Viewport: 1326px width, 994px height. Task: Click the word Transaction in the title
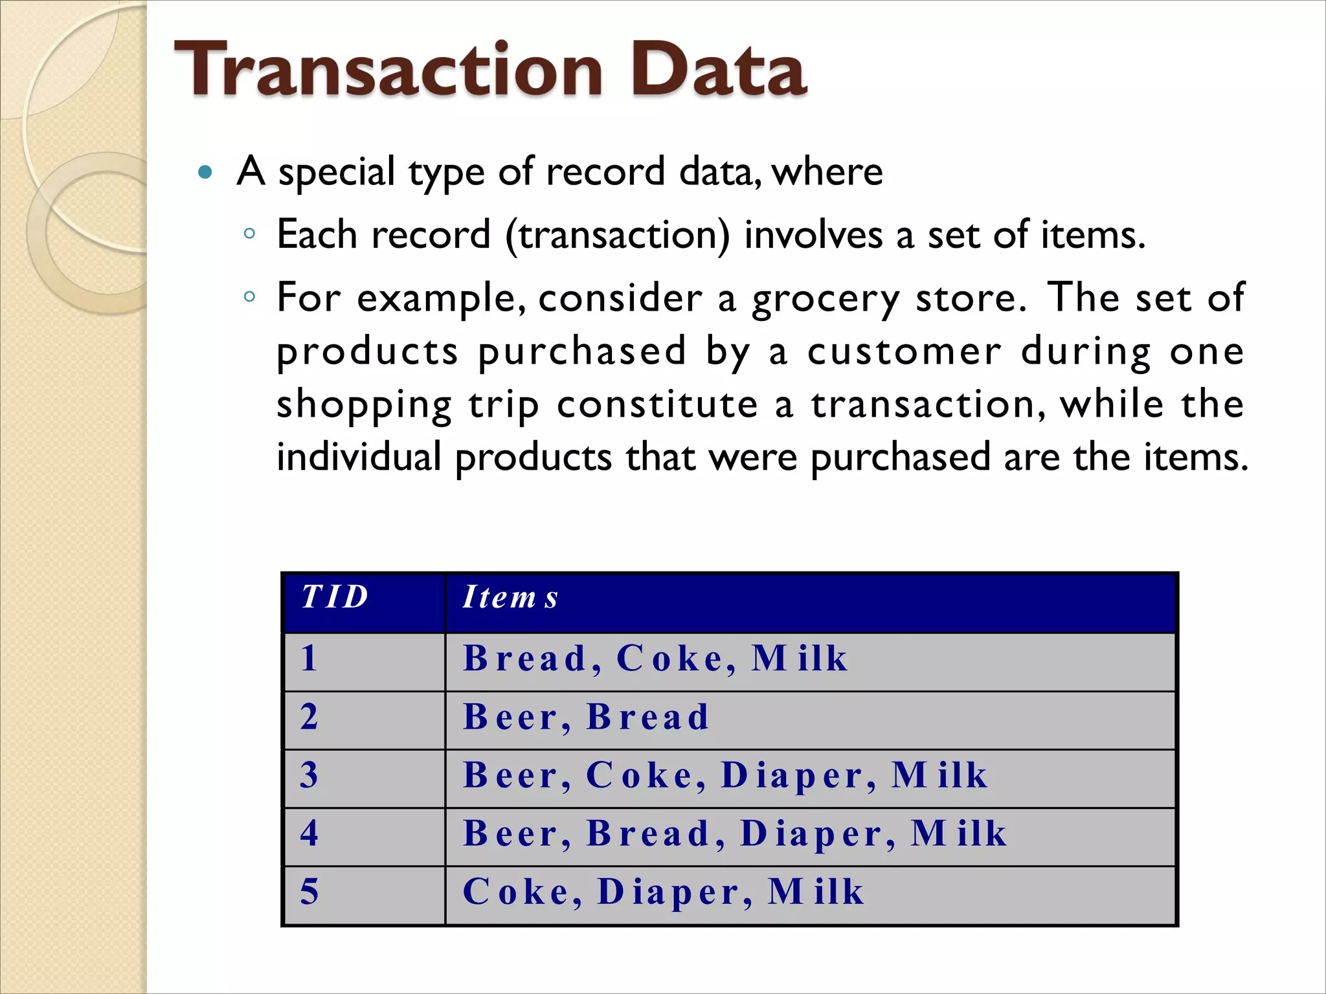click(x=388, y=70)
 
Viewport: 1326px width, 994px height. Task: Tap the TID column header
click(x=335, y=597)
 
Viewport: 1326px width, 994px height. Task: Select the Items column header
click(x=510, y=597)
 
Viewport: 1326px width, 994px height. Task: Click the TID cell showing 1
click(x=309, y=659)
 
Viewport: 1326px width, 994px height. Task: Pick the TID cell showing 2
click(x=309, y=717)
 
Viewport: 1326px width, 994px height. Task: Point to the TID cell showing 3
click(x=309, y=775)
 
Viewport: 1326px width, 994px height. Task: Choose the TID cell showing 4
click(x=309, y=834)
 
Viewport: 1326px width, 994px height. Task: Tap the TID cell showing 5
click(x=309, y=892)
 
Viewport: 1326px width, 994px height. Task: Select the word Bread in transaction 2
click(x=648, y=717)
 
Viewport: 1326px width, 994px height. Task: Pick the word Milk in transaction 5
click(x=816, y=892)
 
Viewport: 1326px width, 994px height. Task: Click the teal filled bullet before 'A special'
click(x=205, y=172)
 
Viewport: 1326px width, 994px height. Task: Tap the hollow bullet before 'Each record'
click(x=250, y=234)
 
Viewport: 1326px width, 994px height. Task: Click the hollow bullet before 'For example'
click(x=250, y=297)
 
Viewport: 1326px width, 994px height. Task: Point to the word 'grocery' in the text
click(x=826, y=299)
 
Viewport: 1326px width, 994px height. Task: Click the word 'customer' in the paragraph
click(x=905, y=352)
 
